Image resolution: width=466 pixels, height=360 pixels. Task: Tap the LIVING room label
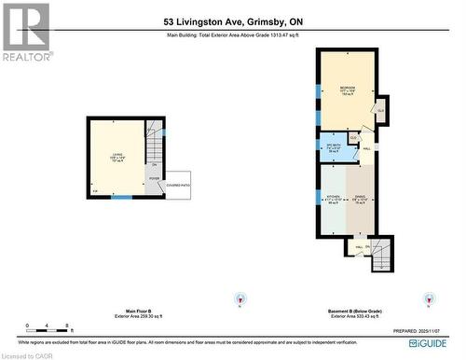pos(116,156)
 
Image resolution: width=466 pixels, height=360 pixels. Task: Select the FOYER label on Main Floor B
pos(154,177)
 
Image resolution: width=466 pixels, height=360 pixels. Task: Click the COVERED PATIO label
pos(177,186)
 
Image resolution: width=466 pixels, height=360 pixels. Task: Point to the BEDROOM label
pos(347,90)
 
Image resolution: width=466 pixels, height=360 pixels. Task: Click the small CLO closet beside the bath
pos(354,138)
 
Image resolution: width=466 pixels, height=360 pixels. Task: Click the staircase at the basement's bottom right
pos(381,253)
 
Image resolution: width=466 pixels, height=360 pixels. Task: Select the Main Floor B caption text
pos(126,312)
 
